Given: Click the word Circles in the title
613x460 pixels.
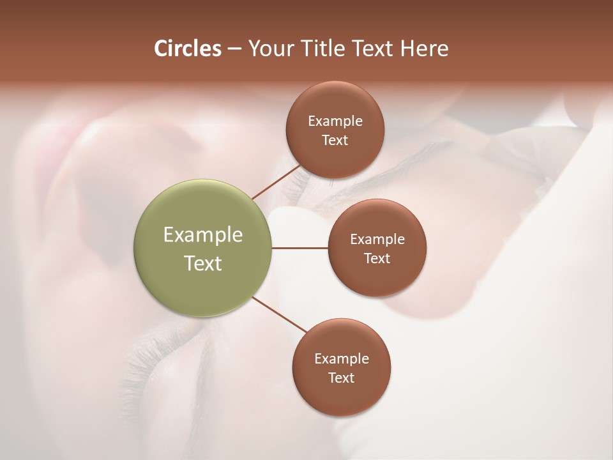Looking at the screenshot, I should tap(187, 49).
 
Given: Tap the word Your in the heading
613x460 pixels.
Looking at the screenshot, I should tap(269, 49).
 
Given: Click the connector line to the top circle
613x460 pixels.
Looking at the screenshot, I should tap(276, 182).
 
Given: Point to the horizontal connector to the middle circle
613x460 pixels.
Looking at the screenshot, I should tap(300, 248).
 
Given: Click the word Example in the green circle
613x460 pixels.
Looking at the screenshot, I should tap(203, 235).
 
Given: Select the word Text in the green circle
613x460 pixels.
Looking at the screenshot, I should tap(203, 263).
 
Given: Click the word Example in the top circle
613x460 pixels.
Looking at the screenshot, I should tap(335, 121).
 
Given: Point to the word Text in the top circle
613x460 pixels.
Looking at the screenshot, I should tap(335, 141).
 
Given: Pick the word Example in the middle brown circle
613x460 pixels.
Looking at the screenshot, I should tap(377, 240).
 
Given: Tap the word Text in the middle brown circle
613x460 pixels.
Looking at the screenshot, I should tap(377, 258).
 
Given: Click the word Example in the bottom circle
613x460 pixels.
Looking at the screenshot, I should tap(342, 359).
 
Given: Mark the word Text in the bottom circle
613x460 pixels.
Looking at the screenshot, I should tap(341, 378).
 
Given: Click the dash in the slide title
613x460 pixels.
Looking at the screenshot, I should tap(234, 49).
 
